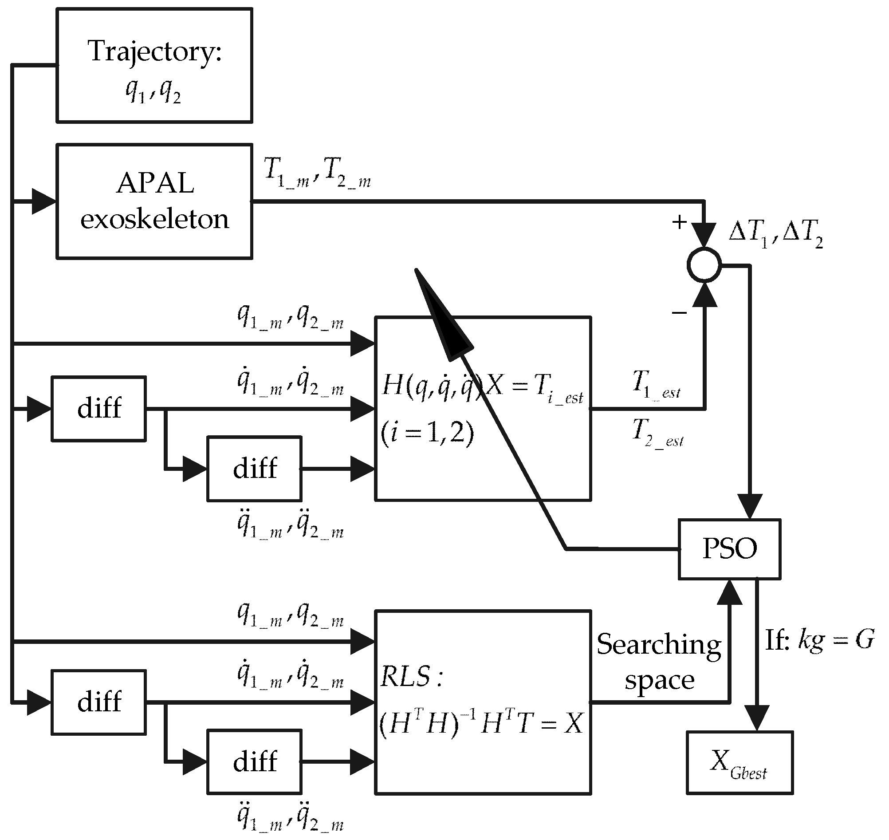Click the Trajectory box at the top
[x=154, y=65]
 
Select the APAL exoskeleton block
[x=154, y=201]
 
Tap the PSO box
[x=729, y=548]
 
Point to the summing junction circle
[x=704, y=265]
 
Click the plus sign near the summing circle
[x=680, y=222]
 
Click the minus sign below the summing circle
[x=679, y=312]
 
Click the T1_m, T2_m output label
[x=317, y=173]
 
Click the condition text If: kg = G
[x=819, y=641]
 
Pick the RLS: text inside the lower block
[x=411, y=676]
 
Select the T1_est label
[x=656, y=384]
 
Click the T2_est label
[x=657, y=432]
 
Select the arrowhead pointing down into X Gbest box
[x=756, y=718]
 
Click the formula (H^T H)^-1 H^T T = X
[x=481, y=723]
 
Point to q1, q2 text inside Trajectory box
[x=153, y=92]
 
